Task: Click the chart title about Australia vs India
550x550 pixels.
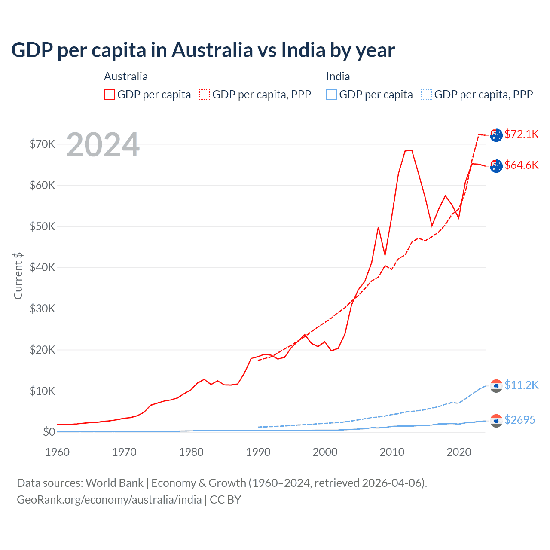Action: coord(203,50)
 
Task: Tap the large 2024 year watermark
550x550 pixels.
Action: coord(103,145)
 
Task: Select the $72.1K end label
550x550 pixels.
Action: coord(521,134)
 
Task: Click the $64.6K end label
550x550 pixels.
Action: coord(521,165)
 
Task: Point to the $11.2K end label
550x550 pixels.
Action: coord(521,385)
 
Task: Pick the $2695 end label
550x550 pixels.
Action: coord(519,420)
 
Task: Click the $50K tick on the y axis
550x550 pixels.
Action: coord(42,226)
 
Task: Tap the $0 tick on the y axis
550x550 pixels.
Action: coord(49,432)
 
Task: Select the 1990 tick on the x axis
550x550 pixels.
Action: coord(258,452)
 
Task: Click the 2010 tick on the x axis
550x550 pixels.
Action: coord(392,452)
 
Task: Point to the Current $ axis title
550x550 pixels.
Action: coord(18,276)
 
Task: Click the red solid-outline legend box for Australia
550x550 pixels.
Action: coord(110,95)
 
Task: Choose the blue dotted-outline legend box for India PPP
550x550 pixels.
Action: coord(427,95)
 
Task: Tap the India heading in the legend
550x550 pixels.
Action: coord(338,76)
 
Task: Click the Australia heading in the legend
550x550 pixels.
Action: coord(125,76)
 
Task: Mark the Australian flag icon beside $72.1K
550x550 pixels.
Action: coord(496,135)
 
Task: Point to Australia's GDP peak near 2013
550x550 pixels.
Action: coord(411,150)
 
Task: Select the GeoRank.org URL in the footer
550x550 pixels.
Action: coord(109,500)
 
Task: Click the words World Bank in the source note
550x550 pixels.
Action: coord(114,483)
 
